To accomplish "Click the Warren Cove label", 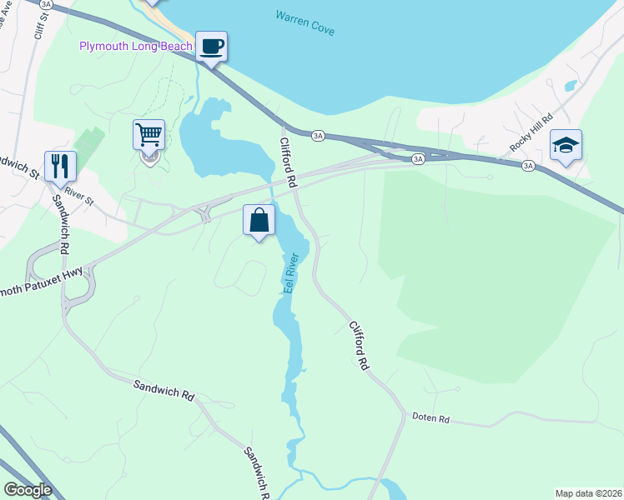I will tap(304, 23).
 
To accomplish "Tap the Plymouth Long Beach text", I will tap(135, 46).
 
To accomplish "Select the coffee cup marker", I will tap(211, 46).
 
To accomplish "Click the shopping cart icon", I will tap(148, 134).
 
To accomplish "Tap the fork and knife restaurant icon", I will tap(61, 165).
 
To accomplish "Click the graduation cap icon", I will tap(566, 145).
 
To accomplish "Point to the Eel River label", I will tap(291, 273).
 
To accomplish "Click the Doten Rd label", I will tap(430, 418).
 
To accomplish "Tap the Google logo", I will tap(28, 490).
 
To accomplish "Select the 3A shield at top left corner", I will tap(47, 4).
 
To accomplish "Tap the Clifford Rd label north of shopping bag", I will tap(288, 162).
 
